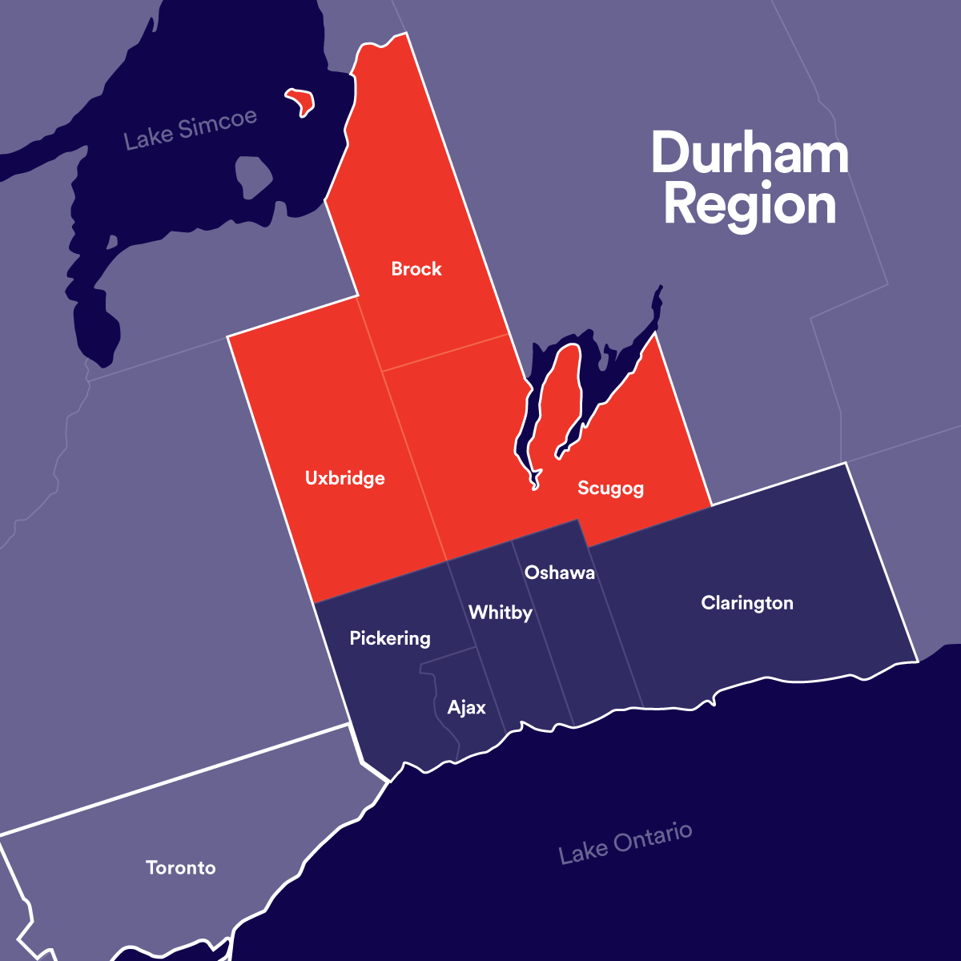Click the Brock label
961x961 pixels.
tap(416, 269)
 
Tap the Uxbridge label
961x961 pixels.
tap(345, 479)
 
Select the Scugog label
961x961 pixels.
tap(610, 489)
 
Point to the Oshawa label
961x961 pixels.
tap(559, 573)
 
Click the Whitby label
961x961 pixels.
tap(501, 613)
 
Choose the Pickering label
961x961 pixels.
tap(390, 638)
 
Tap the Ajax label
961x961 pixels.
tap(467, 708)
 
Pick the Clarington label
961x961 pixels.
tap(747, 603)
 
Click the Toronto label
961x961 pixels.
tap(181, 868)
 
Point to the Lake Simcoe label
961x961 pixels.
tap(191, 128)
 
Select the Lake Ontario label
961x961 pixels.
tap(625, 843)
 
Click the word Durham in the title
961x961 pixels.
tap(750, 153)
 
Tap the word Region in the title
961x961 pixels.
tap(750, 206)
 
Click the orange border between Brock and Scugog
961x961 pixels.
tap(445, 353)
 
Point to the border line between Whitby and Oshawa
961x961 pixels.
tap(543, 633)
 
